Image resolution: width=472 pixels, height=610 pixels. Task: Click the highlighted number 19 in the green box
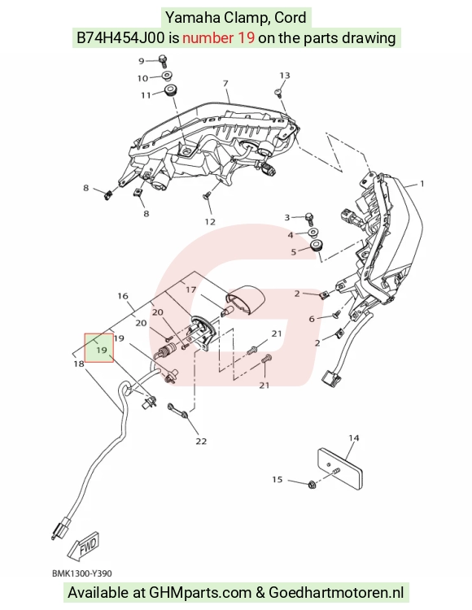[x=101, y=350]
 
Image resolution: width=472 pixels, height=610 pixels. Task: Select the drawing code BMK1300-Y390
[x=81, y=573]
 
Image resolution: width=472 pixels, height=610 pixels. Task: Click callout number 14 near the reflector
[x=353, y=438]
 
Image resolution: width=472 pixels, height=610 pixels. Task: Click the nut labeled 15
[x=312, y=485]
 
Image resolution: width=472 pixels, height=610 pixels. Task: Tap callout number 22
[x=201, y=441]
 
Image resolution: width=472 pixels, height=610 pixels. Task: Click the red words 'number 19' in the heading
[x=219, y=37]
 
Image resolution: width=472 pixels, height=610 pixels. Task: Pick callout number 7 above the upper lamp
[x=225, y=83]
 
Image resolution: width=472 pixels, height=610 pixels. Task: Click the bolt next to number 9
[x=163, y=61]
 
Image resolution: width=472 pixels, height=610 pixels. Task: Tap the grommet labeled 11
[x=168, y=90]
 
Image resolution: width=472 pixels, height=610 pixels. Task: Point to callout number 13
[x=285, y=75]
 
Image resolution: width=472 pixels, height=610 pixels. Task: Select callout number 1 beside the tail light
[x=422, y=183]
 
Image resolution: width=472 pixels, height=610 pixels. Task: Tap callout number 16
[x=123, y=296]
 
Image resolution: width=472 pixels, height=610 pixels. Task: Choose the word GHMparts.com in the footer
[x=200, y=592]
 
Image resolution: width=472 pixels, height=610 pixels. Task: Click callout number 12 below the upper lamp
[x=210, y=222]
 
